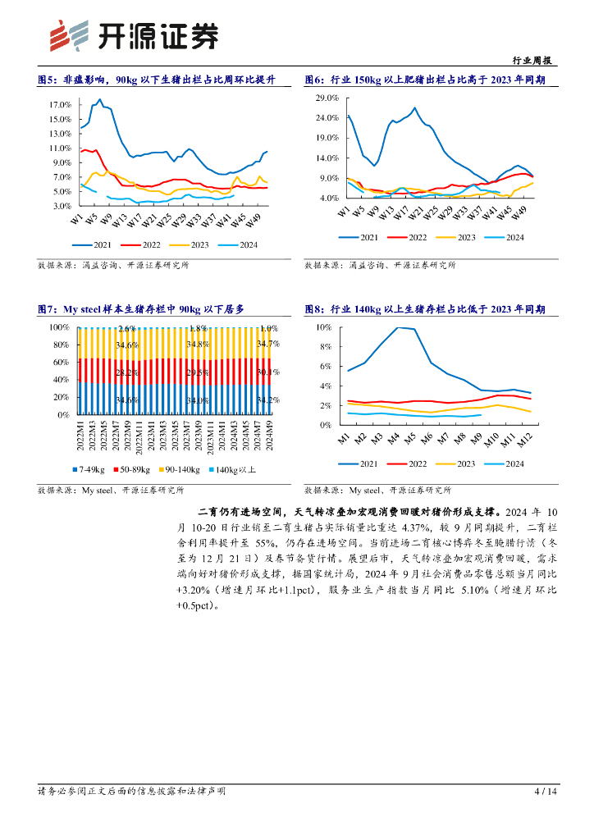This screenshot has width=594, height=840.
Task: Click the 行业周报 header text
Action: [531, 62]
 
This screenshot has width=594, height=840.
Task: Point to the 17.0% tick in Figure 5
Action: [60, 105]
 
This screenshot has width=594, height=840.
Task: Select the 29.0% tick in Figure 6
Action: [327, 98]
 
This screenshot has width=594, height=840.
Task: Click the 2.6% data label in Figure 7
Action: [127, 329]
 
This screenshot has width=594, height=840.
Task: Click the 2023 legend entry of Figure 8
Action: [466, 463]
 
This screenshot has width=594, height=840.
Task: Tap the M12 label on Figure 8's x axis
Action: [525, 440]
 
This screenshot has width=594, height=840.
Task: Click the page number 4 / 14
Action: [546, 792]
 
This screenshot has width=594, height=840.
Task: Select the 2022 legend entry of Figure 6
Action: [418, 237]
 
